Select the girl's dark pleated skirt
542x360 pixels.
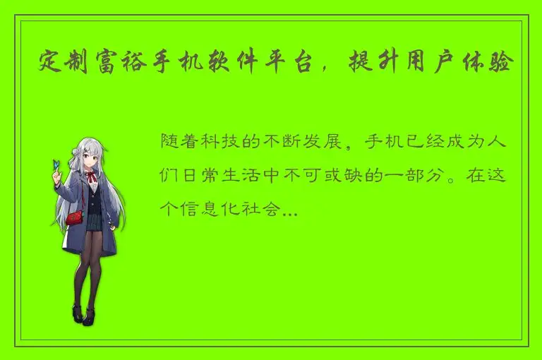click(92, 221)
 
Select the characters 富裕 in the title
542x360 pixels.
click(124, 64)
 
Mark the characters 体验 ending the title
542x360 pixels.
click(496, 64)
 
